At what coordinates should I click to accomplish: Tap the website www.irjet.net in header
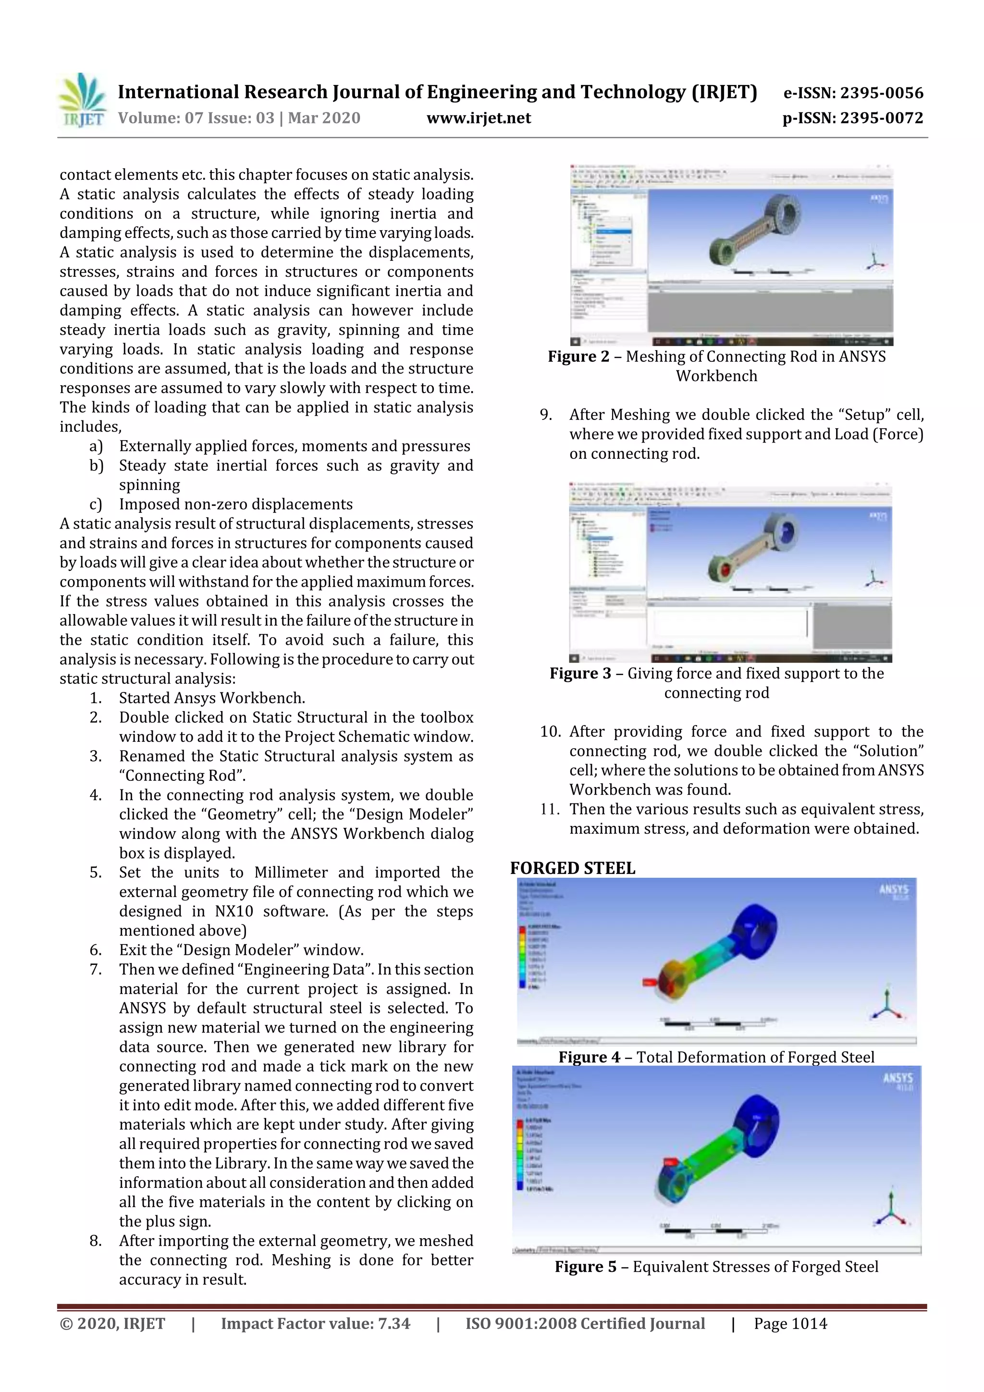tap(479, 118)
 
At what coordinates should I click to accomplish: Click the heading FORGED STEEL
tap(572, 868)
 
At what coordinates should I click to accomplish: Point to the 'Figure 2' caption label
tap(578, 357)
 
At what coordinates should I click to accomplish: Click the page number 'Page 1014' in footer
tap(790, 1323)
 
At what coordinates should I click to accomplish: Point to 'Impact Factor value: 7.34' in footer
tap(315, 1323)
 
